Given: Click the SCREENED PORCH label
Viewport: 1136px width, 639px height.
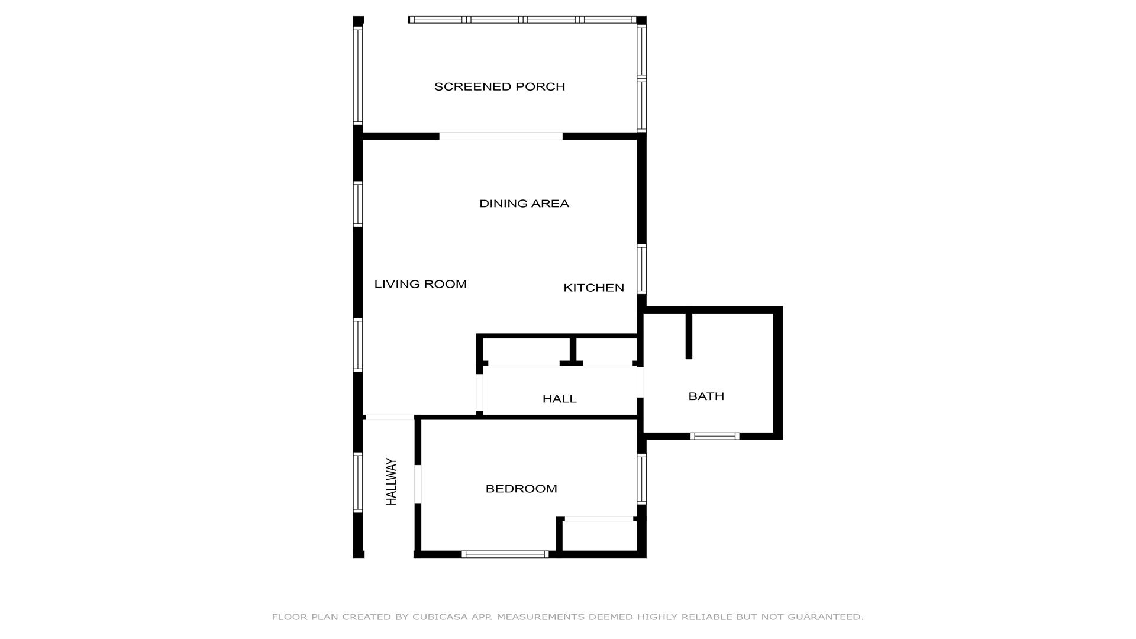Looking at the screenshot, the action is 499,87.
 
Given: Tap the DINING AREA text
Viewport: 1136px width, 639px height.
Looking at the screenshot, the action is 524,204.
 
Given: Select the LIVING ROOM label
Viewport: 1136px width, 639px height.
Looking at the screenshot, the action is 421,284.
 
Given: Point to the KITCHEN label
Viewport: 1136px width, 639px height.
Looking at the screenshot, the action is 593,288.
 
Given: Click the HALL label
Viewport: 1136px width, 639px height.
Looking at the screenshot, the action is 560,399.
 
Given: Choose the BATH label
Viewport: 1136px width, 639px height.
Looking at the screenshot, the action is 706,396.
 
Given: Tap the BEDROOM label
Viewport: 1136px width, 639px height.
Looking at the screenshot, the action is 521,489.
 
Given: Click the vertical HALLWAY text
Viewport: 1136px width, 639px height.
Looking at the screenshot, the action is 391,482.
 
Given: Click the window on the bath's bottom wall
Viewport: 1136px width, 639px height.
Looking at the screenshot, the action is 715,436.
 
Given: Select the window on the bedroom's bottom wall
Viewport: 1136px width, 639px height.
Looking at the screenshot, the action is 505,554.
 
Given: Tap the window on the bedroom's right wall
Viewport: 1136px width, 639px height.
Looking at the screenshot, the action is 641,479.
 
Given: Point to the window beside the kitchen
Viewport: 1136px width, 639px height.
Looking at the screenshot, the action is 641,269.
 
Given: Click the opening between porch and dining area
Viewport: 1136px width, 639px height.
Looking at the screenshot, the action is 501,136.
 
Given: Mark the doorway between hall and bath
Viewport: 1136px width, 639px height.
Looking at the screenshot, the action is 640,382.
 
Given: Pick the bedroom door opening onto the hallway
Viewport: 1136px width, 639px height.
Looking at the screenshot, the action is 418,484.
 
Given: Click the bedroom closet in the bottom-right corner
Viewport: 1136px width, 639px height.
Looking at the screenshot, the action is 599,535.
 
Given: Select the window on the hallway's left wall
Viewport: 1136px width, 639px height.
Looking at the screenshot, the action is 358,482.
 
